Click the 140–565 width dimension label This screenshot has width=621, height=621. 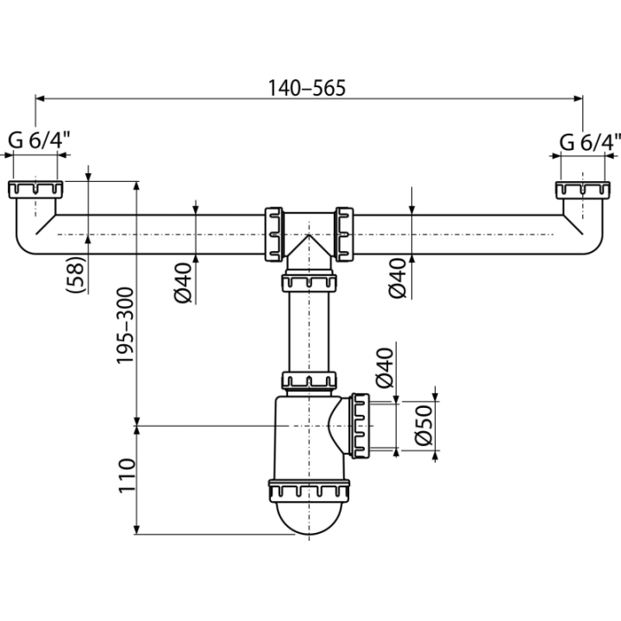tap(307, 88)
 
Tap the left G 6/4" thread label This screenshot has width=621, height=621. tap(39, 140)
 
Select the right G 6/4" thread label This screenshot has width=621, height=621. tap(590, 142)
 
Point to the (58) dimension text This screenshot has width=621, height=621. tap(76, 274)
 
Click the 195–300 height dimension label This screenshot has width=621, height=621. tap(125, 325)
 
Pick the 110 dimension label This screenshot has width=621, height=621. tap(127, 475)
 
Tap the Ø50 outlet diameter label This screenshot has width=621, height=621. tap(423, 425)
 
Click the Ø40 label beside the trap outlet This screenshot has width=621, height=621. tap(385, 367)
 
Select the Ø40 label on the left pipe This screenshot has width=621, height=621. tap(183, 283)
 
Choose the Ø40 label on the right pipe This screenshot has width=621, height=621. tap(398, 278)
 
